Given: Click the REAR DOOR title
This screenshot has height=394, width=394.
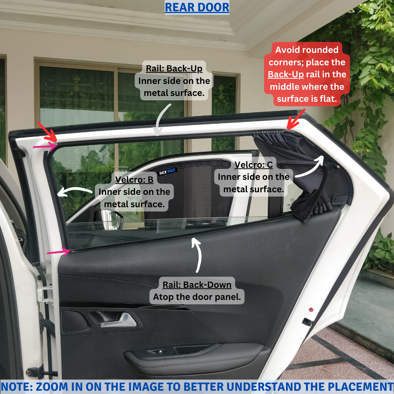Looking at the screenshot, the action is click(197, 7).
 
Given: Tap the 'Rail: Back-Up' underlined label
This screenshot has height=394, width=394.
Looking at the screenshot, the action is click(174, 68).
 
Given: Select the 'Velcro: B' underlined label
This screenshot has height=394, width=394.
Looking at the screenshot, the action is click(134, 179).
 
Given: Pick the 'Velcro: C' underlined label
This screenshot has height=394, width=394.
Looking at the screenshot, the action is click(254, 165).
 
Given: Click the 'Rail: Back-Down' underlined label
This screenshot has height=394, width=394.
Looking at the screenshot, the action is click(197, 285).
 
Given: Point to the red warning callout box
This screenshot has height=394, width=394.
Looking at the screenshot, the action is click(307, 74).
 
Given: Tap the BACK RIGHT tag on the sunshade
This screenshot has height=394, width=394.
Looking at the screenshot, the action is click(167, 171).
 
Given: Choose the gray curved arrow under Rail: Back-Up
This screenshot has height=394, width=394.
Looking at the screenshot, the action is click(160, 118).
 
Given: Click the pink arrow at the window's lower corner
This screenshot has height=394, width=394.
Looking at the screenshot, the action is click(59, 251).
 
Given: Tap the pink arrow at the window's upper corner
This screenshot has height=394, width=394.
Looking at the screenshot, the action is click(45, 146).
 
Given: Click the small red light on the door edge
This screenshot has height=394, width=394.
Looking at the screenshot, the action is click(311, 310).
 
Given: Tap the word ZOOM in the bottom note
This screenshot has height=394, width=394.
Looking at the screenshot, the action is click(51, 387).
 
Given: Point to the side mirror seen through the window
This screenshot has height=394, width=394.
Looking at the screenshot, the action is click(111, 219).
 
